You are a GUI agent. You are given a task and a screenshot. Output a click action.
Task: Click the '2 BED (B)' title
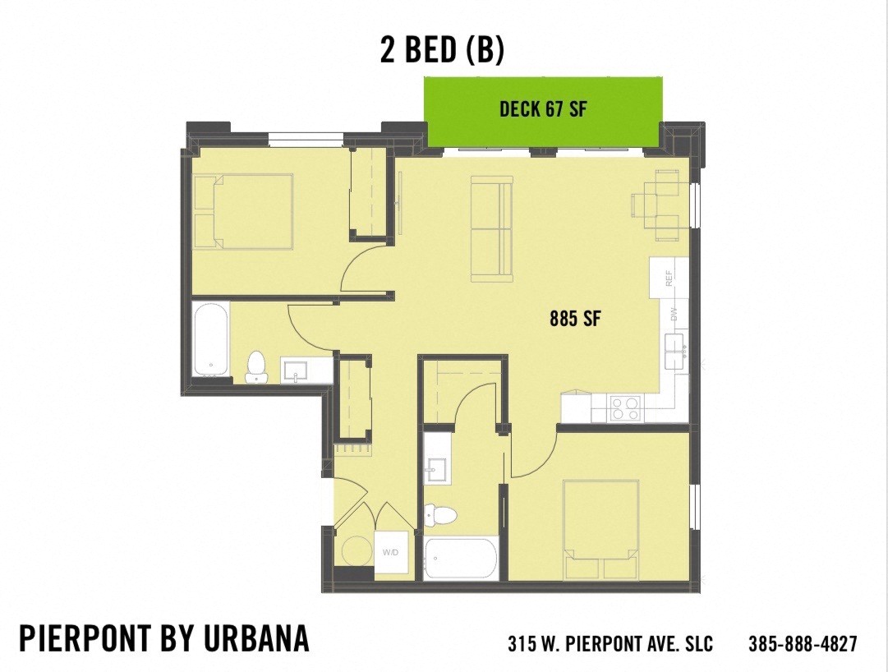442,49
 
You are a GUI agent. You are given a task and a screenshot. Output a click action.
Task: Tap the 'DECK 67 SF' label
543,108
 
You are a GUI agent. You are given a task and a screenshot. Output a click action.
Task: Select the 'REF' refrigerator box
669,278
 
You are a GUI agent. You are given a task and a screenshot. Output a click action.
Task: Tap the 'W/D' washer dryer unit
390,551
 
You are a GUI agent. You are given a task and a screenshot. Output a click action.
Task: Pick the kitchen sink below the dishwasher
678,351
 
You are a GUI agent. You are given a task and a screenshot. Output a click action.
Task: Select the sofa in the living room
491,227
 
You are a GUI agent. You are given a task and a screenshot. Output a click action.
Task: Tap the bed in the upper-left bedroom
244,211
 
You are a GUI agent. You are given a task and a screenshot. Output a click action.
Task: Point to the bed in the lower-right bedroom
601,530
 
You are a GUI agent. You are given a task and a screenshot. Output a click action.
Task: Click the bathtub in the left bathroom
210,338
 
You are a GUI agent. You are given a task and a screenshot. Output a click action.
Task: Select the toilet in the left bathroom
256,367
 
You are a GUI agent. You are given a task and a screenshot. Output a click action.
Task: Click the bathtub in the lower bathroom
460,559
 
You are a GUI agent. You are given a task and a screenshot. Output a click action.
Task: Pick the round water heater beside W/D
357,550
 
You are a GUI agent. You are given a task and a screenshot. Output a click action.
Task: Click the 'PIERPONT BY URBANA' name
164,638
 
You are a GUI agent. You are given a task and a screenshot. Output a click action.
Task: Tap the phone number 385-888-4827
803,643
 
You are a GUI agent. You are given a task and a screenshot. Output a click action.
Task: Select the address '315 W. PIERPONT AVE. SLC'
610,643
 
